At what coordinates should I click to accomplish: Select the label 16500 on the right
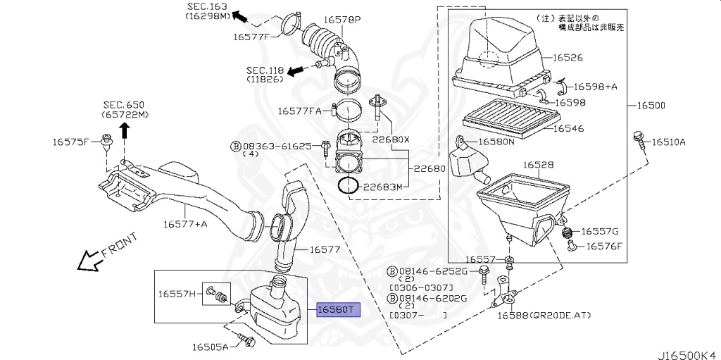point(651,106)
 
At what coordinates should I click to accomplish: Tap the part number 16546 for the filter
point(568,129)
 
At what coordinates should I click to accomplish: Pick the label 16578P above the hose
point(342,20)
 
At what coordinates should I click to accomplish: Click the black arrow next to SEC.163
point(241,15)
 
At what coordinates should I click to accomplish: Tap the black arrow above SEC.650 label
point(124,130)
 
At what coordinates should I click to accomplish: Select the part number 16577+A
point(185,224)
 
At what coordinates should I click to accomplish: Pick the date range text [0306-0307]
point(421,289)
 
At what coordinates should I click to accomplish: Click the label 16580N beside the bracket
point(496,142)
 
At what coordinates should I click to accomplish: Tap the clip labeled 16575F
point(108,144)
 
